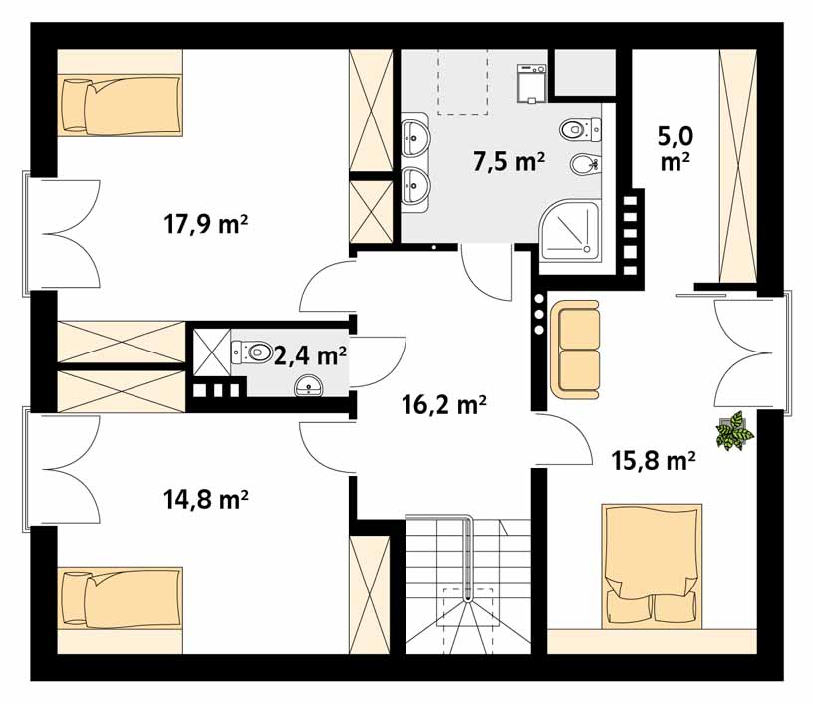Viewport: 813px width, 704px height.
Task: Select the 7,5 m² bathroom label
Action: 507,162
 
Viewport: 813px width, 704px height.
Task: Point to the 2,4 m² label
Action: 309,354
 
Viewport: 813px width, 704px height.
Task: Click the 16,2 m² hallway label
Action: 443,404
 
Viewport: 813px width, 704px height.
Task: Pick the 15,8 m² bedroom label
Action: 653,460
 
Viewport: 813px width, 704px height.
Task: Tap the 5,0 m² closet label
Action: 676,146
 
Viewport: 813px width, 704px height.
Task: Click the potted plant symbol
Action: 735,431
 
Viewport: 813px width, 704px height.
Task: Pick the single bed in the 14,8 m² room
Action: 120,598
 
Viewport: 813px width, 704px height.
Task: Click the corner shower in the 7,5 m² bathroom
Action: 569,231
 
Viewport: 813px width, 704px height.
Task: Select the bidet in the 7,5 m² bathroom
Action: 585,164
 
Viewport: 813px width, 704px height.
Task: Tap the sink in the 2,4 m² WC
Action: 312,386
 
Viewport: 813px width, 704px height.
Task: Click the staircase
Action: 465,587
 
